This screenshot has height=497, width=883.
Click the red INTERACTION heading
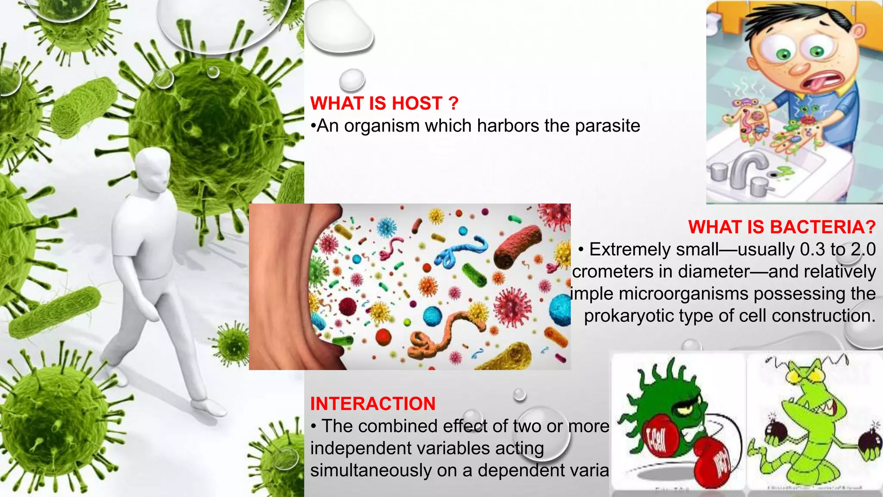(x=373, y=404)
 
